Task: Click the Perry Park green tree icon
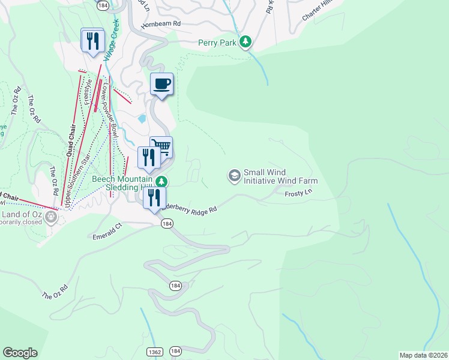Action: pyautogui.click(x=245, y=42)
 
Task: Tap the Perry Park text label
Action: pyautogui.click(x=217, y=43)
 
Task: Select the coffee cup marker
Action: pyautogui.click(x=161, y=84)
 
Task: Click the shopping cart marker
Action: pyautogui.click(x=161, y=146)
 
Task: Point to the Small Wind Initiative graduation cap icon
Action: pyautogui.click(x=234, y=176)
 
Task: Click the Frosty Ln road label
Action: pyautogui.click(x=300, y=194)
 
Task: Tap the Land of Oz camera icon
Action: pyautogui.click(x=50, y=217)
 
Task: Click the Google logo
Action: pyautogui.click(x=20, y=353)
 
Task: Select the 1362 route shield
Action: pyautogui.click(x=153, y=350)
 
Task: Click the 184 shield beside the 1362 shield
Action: pyautogui.click(x=175, y=350)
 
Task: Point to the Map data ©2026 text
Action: pyautogui.click(x=423, y=355)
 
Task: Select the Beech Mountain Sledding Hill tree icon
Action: pyautogui.click(x=161, y=181)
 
